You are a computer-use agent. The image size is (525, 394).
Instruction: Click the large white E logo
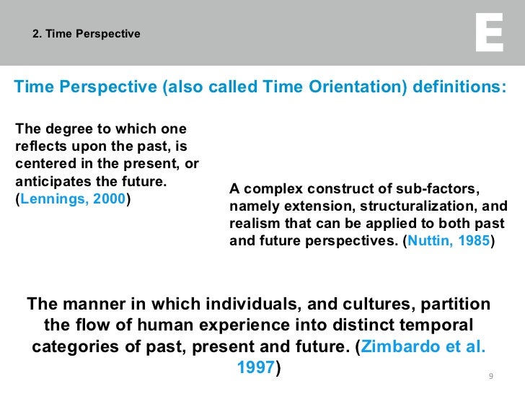pyautogui.click(x=489, y=33)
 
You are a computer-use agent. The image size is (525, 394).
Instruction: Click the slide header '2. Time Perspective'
pyautogui.click(x=87, y=34)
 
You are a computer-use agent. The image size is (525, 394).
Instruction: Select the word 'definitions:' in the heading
pyautogui.click(x=459, y=87)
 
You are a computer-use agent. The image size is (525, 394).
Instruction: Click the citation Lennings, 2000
pyautogui.click(x=74, y=199)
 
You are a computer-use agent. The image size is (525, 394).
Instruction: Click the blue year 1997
pyautogui.click(x=255, y=367)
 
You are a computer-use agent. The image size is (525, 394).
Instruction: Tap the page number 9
pyautogui.click(x=491, y=377)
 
